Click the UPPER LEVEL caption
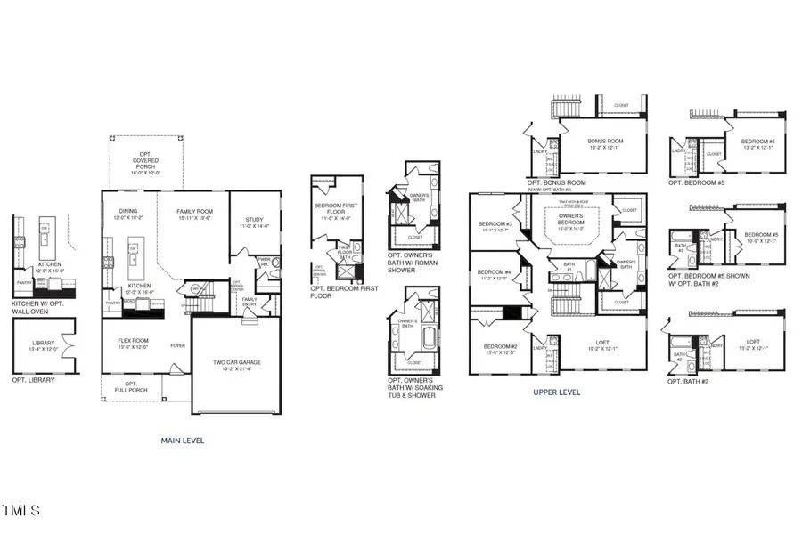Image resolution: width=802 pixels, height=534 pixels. pyautogui.click(x=557, y=392)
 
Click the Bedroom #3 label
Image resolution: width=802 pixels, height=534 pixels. pyautogui.click(x=494, y=226)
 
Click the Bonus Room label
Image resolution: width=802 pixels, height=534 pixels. pyautogui.click(x=605, y=143)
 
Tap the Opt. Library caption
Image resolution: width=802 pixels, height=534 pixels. pyautogui.click(x=33, y=380)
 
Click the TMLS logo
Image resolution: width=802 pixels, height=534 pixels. pyautogui.click(x=20, y=511)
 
